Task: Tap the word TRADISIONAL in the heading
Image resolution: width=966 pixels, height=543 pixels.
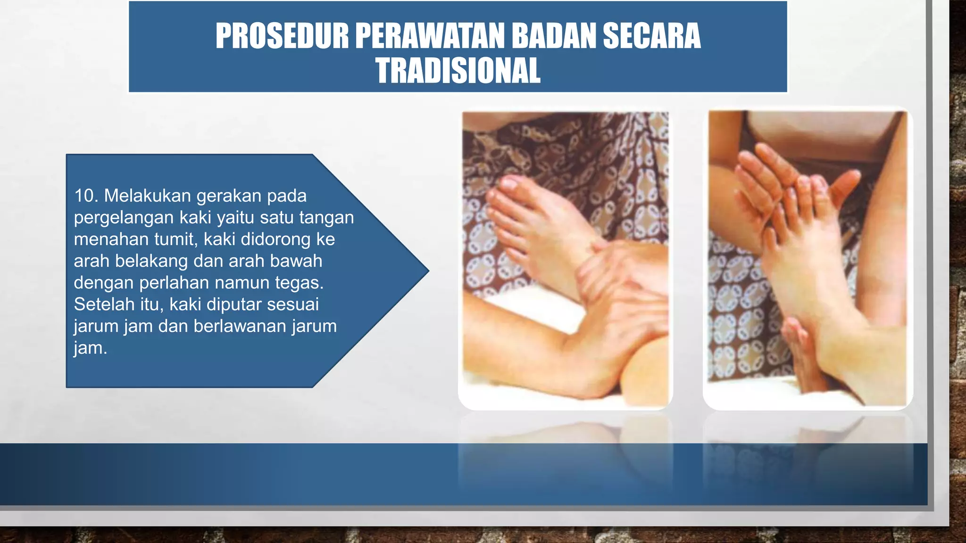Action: [x=458, y=71]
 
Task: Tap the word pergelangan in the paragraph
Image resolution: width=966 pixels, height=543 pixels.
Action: [x=124, y=218]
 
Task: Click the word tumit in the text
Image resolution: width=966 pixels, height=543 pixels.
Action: [x=177, y=239]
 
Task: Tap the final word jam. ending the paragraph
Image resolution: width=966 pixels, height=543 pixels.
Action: [x=90, y=348]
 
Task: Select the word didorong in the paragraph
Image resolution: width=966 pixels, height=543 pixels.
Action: [x=275, y=239]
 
